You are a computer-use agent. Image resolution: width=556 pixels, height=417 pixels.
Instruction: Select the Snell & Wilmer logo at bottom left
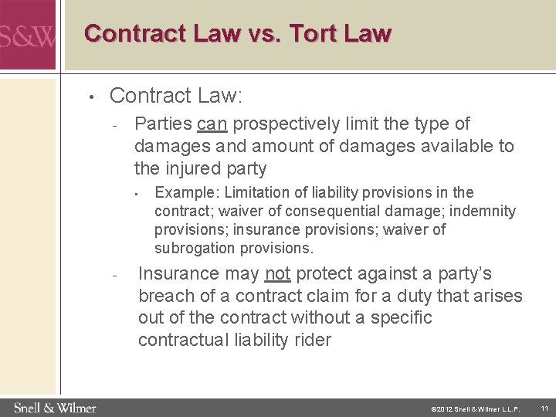tap(54, 407)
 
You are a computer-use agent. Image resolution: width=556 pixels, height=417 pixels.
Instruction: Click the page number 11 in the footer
tap(544, 407)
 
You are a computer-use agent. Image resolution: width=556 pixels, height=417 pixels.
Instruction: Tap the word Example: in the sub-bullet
tap(183, 192)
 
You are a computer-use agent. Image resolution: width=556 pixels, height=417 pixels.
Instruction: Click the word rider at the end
tap(310, 340)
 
